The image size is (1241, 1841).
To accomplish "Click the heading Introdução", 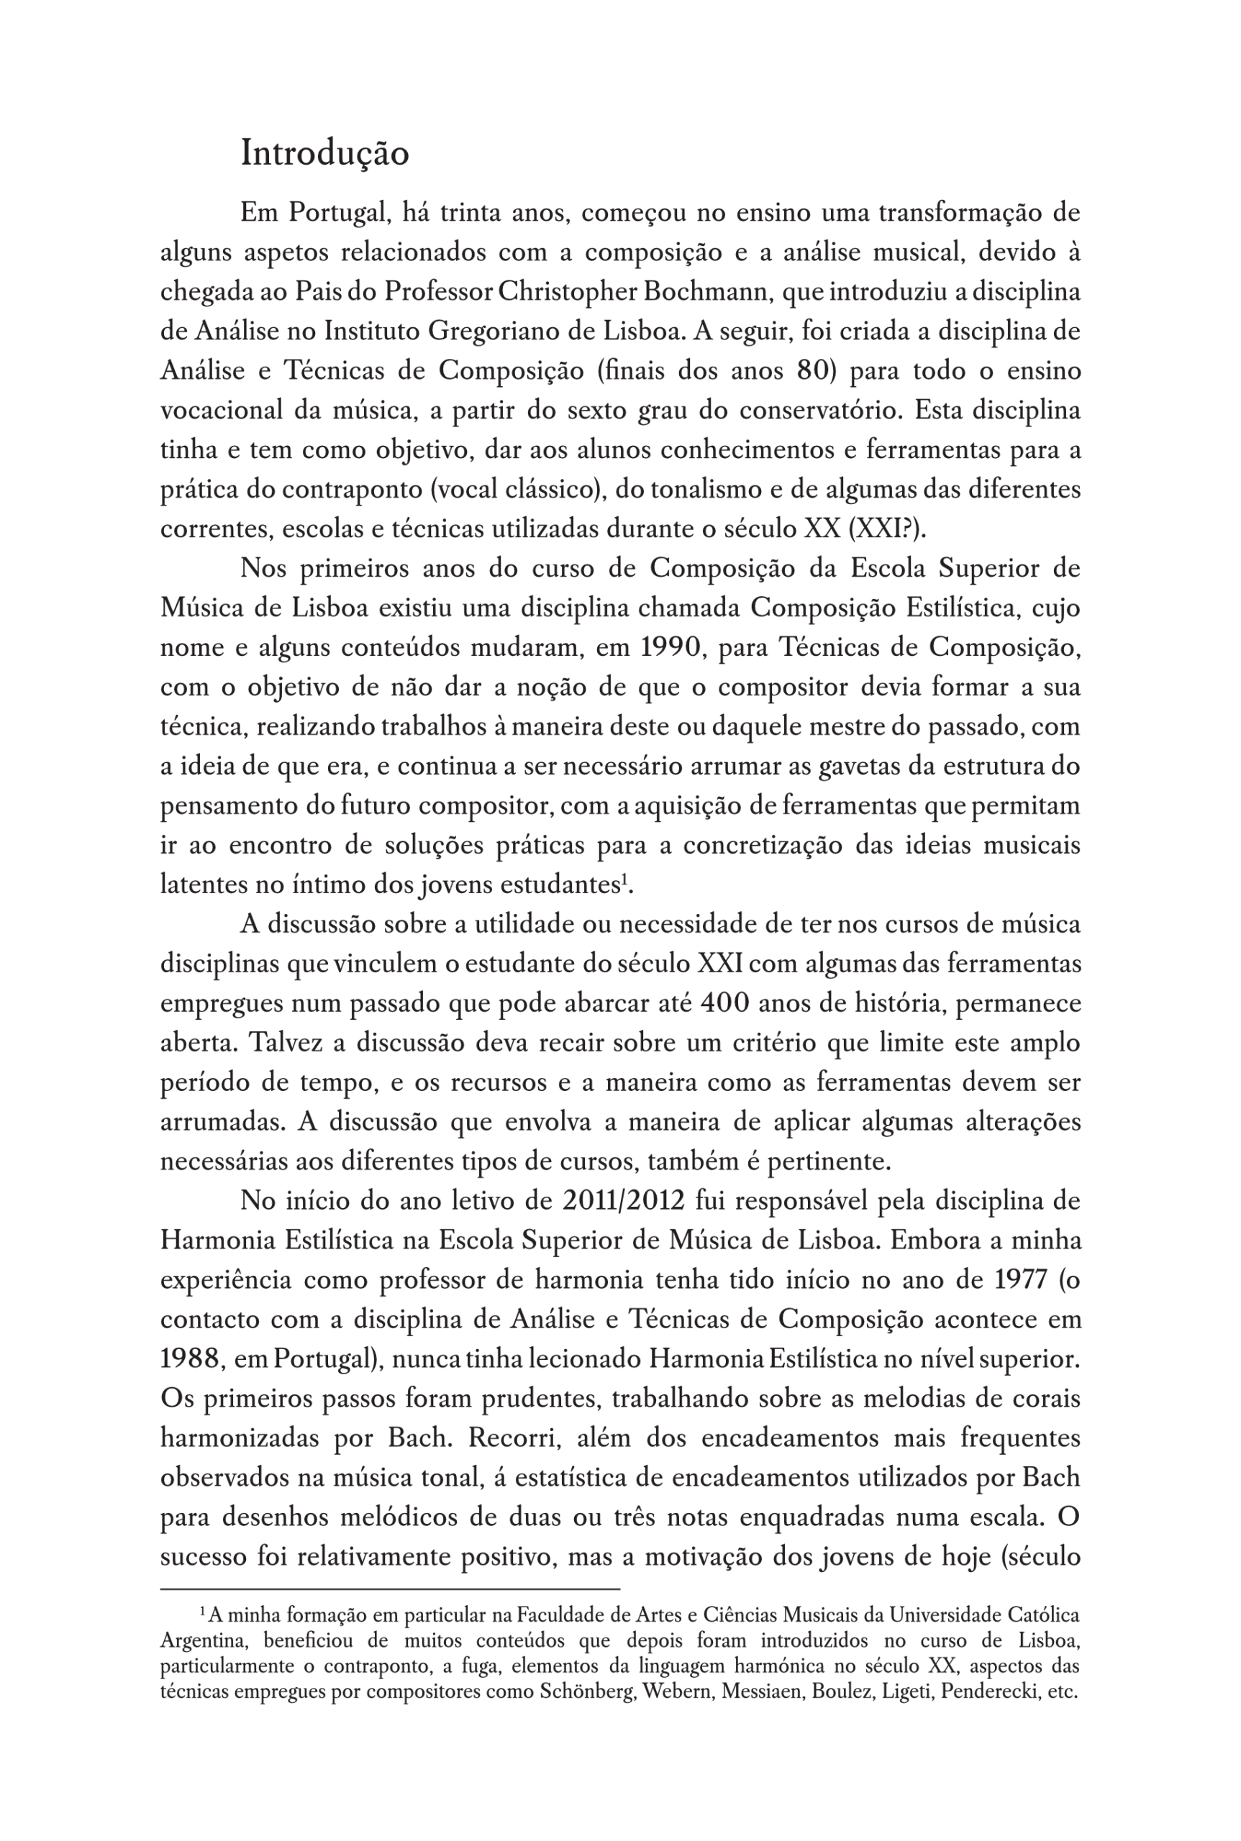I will click(x=324, y=152).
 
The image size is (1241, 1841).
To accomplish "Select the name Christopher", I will click(x=568, y=292).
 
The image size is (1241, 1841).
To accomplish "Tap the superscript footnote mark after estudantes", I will click(x=624, y=879).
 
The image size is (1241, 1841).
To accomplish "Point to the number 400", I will click(x=725, y=1003).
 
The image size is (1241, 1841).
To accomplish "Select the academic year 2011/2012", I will click(x=623, y=1201).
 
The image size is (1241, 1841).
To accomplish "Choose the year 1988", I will click(x=189, y=1359).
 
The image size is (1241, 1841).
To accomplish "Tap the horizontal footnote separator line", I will click(x=389, y=1588).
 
